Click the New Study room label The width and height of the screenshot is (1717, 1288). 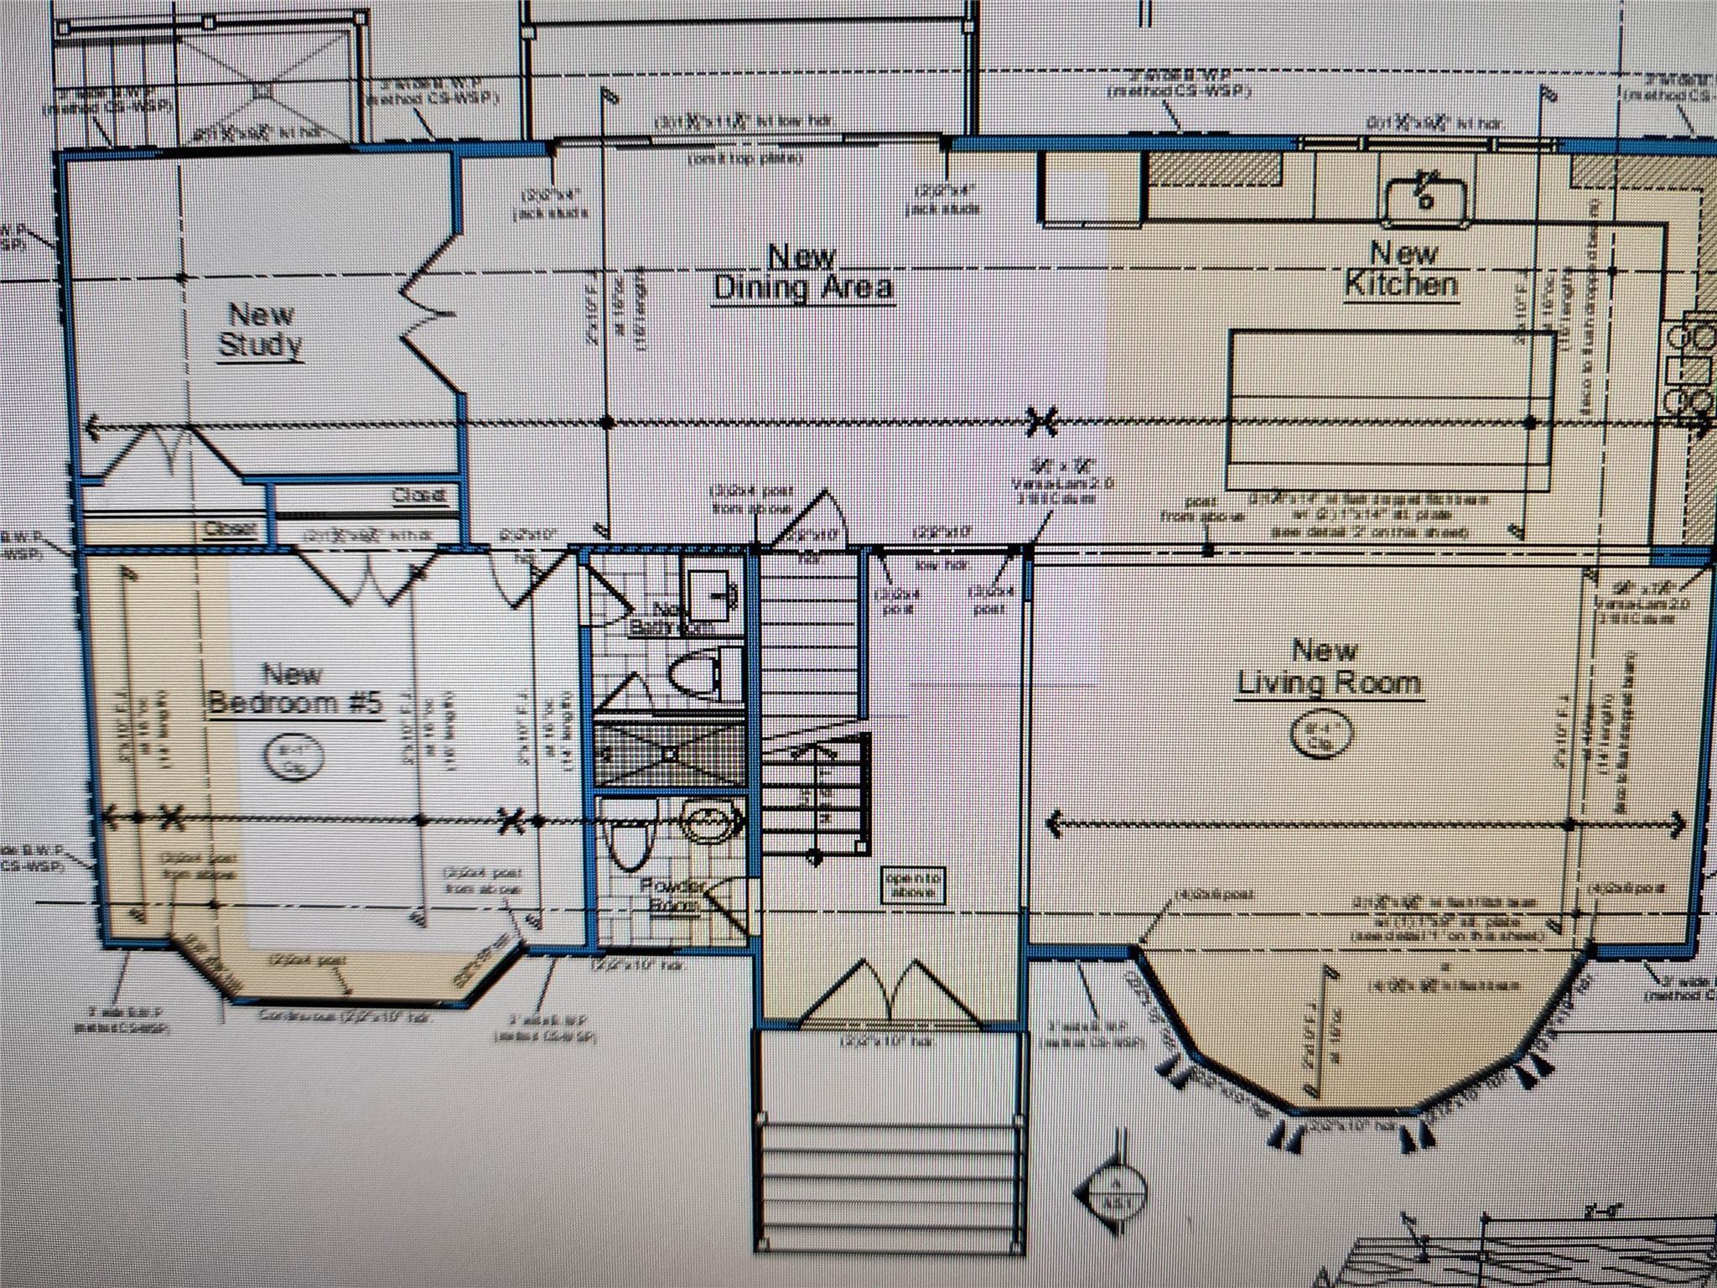(260, 330)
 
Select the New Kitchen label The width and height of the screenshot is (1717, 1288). (1402, 268)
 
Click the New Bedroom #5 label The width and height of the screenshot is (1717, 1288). (293, 688)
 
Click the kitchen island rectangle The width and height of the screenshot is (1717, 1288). (1391, 411)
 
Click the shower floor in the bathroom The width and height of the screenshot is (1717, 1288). (669, 755)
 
